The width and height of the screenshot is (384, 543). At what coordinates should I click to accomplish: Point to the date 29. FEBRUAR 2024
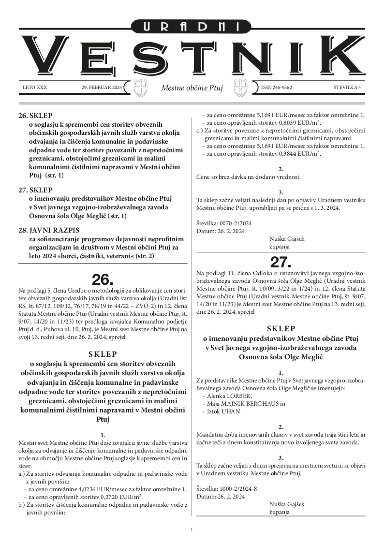(102, 88)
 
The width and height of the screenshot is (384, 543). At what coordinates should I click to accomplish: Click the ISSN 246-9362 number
(277, 88)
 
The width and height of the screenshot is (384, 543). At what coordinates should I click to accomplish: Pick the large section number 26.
(103, 279)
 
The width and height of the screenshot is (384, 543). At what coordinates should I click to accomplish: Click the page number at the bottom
(192, 530)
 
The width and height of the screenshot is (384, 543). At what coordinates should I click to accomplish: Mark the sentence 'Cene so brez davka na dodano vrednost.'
(248, 176)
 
